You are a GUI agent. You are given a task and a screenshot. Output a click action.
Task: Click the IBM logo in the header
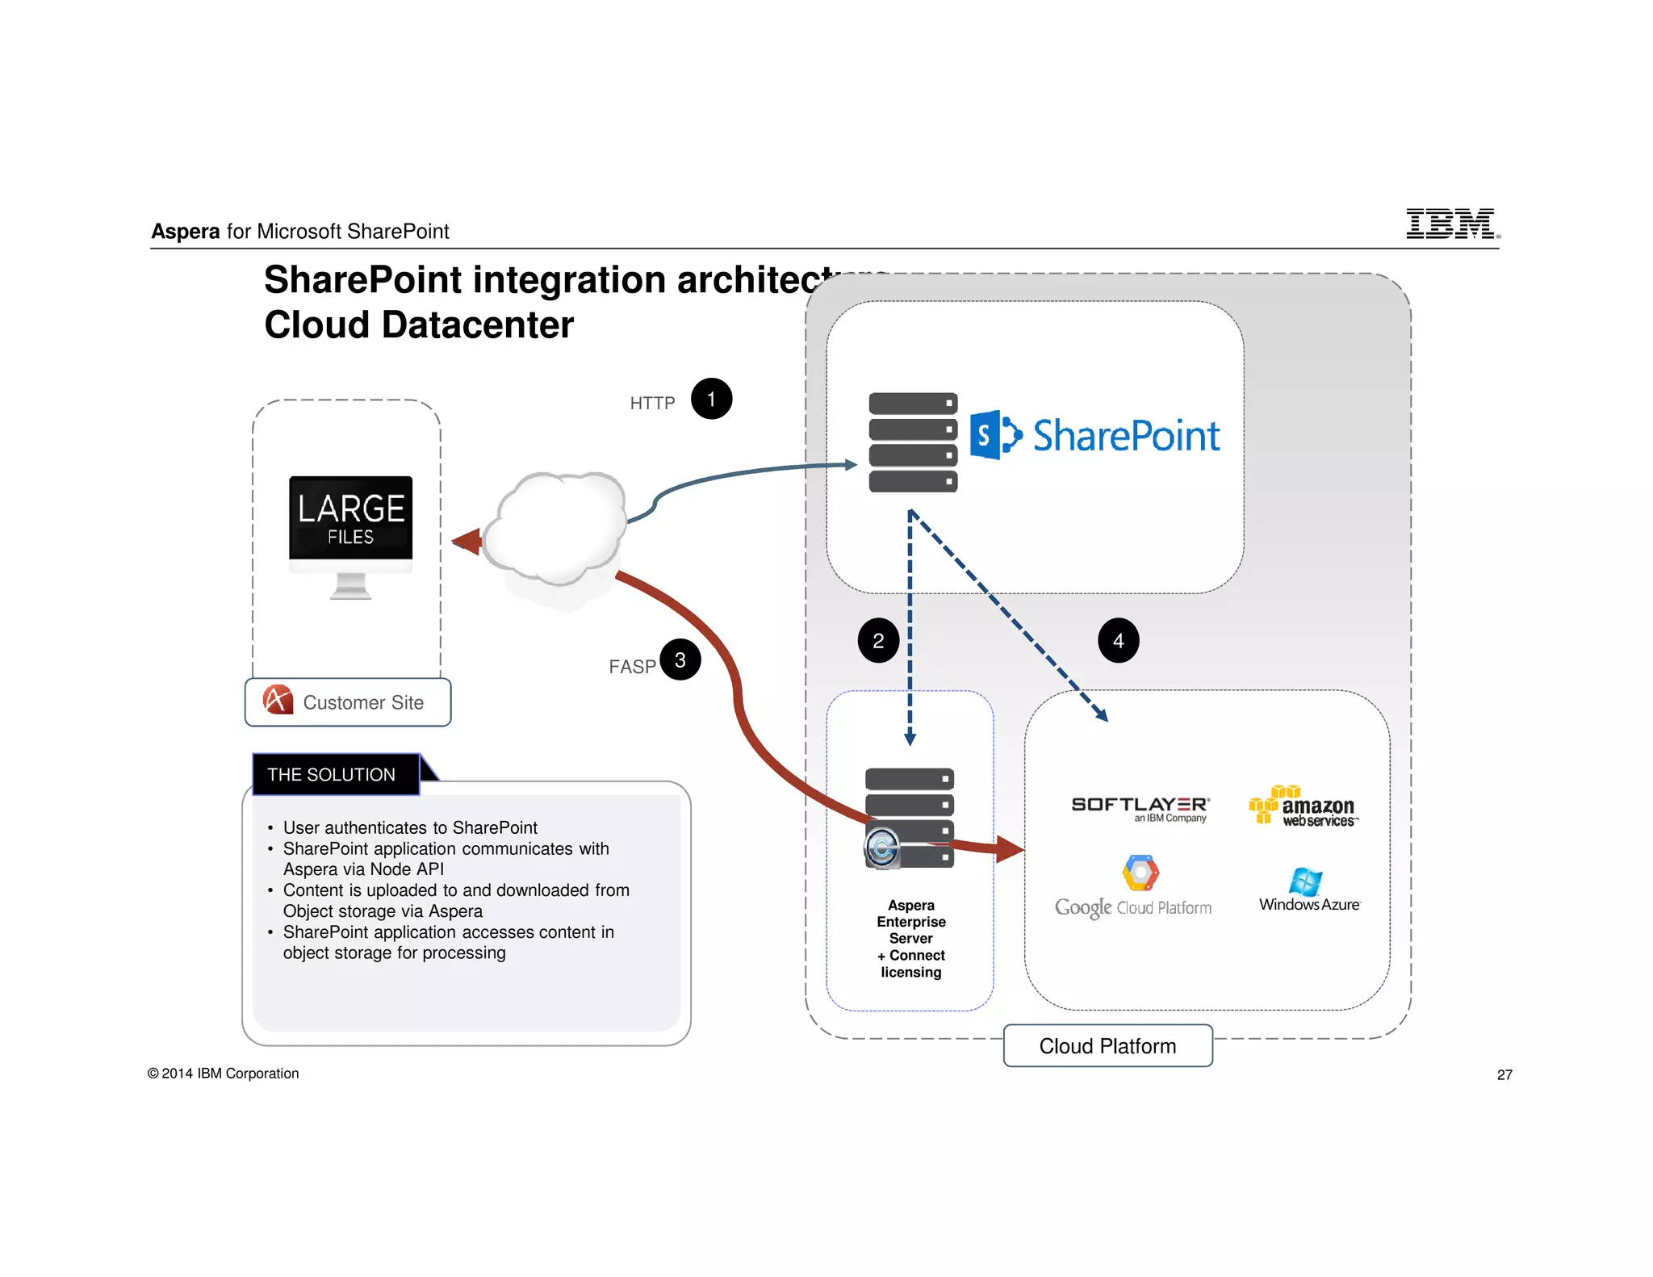tap(1451, 224)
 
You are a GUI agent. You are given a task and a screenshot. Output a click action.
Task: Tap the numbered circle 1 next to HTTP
tap(711, 399)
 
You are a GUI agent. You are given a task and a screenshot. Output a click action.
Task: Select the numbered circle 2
tap(878, 641)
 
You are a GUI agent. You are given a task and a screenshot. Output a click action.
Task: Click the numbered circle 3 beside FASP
tap(680, 659)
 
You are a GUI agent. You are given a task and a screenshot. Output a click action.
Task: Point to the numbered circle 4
tap(1118, 641)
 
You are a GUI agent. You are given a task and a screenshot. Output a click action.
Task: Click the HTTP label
tap(652, 403)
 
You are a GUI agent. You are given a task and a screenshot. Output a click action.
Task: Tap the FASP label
tap(632, 667)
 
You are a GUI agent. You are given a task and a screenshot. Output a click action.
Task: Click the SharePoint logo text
tap(1125, 436)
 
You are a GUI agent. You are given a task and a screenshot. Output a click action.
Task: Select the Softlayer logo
tap(1140, 807)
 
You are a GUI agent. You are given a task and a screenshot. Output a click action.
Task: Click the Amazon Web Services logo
tap(1304, 806)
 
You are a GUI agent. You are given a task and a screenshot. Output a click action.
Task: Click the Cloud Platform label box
tap(1107, 1046)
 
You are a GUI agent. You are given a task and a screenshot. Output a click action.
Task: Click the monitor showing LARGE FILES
tap(351, 533)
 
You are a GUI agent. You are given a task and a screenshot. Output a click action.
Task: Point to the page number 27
tap(1504, 1074)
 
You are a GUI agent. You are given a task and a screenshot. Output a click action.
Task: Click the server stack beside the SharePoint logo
tap(913, 442)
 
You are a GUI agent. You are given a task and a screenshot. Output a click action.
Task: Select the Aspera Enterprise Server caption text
tap(911, 938)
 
